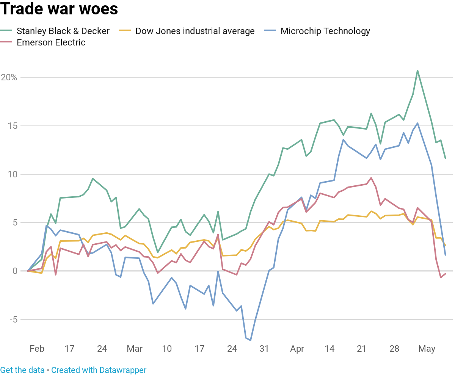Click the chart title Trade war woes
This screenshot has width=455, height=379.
click(59, 9)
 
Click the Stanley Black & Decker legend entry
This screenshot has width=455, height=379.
click(63, 31)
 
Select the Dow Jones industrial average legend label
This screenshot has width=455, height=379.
click(195, 31)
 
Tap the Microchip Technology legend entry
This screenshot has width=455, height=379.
click(325, 31)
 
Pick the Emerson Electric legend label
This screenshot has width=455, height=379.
click(51, 42)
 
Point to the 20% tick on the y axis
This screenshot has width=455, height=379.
click(9, 77)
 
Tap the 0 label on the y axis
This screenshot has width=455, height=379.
click(15, 271)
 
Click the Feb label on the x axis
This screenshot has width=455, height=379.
click(37, 349)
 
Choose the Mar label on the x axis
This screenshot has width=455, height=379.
click(135, 349)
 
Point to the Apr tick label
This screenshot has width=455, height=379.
click(297, 349)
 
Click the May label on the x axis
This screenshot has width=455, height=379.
click(427, 349)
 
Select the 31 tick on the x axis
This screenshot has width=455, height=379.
click(264, 349)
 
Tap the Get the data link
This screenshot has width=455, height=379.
click(22, 370)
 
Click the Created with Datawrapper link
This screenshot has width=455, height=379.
click(99, 370)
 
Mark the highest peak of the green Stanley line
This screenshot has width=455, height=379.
click(417, 70)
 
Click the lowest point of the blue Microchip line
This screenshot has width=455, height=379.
click(251, 340)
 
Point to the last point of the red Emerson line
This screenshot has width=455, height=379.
click(446, 274)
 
